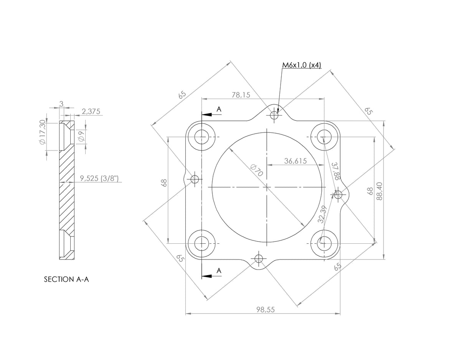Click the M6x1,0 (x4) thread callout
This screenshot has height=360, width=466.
[x=301, y=65]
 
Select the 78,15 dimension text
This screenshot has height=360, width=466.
[x=241, y=95]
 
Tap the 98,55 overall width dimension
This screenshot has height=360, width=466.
[x=266, y=310]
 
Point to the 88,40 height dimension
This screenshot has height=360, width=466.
[x=379, y=191]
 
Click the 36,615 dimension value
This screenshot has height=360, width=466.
[x=296, y=161]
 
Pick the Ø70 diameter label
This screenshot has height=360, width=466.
[x=257, y=170]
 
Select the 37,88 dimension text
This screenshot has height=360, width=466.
[x=336, y=171]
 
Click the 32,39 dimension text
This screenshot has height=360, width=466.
[x=322, y=214]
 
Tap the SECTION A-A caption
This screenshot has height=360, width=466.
[x=66, y=279]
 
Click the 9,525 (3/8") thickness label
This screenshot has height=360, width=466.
[x=99, y=178]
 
